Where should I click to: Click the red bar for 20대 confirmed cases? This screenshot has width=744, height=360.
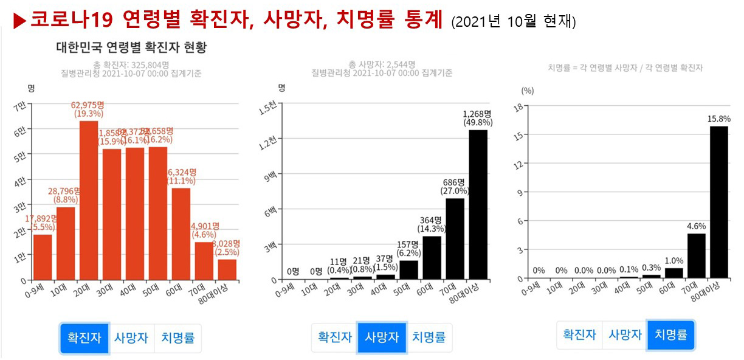coord(89,201)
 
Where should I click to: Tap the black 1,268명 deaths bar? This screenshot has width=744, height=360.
coord(478,204)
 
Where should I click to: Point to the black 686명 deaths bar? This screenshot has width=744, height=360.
coord(455,238)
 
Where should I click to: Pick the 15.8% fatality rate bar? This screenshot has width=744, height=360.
coord(718,202)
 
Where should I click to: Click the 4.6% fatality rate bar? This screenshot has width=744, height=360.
coord(697,255)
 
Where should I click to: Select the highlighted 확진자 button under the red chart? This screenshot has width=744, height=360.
coord(84,338)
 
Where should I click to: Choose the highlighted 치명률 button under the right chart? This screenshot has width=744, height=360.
coord(670,334)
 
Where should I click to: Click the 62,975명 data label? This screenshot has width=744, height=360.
coord(89,105)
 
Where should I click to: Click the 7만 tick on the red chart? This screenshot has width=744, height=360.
coord(20,106)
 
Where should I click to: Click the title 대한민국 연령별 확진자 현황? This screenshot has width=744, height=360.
coord(131,47)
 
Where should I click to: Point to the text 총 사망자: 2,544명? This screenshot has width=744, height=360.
coord(382,64)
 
